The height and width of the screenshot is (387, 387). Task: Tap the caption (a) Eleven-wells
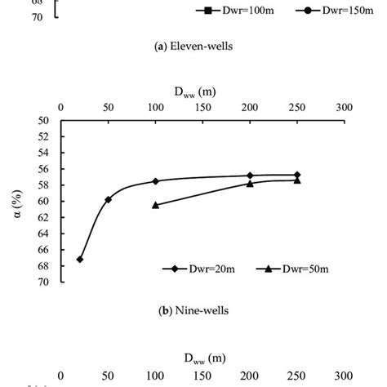(193, 46)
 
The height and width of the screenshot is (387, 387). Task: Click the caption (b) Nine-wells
(193, 310)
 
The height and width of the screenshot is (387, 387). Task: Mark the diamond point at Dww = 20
(79, 259)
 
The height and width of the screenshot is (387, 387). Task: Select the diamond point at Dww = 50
(108, 199)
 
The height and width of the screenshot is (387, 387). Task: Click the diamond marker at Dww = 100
(155, 180)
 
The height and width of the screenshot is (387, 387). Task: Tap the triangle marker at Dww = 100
(155, 204)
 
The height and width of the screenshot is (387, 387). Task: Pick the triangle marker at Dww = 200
(250, 184)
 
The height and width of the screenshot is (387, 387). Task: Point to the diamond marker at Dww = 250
(297, 175)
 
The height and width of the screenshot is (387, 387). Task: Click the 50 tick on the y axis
(46, 121)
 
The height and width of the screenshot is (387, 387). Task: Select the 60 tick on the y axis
(46, 202)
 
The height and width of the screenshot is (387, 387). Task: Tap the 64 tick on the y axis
(46, 234)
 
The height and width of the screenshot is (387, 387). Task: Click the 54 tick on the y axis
(46, 153)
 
